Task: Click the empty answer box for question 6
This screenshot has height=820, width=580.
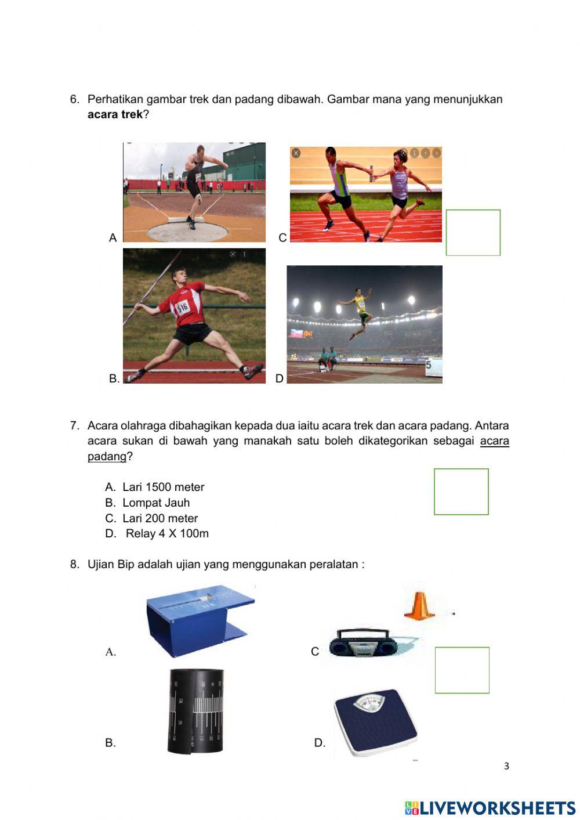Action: tap(473, 232)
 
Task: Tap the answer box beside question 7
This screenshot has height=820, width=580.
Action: tap(461, 492)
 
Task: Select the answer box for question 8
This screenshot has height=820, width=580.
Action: tap(462, 670)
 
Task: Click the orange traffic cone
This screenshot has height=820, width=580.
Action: tap(419, 605)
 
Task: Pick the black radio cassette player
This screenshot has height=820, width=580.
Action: tap(360, 643)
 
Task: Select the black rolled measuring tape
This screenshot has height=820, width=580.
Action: tap(196, 711)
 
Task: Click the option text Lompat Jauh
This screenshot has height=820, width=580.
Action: tap(155, 503)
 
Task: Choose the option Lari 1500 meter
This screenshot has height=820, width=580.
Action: tap(163, 487)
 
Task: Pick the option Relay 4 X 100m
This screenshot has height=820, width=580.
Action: tap(166, 533)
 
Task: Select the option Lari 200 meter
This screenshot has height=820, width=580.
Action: tap(159, 518)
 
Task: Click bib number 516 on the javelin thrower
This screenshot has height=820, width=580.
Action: tap(183, 306)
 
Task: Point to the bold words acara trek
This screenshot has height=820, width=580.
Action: tap(115, 114)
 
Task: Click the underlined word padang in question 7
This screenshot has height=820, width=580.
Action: tap(107, 456)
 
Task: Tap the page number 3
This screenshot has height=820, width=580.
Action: tap(506, 766)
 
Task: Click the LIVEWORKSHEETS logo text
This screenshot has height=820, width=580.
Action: tap(496, 808)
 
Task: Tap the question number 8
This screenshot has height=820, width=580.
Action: tap(74, 564)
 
